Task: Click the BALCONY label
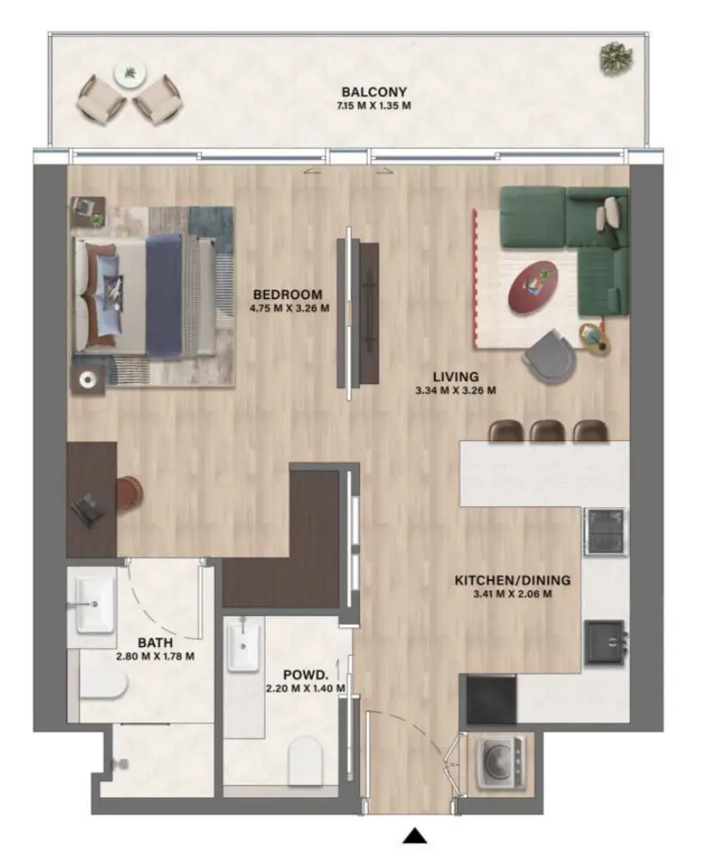tap(373, 93)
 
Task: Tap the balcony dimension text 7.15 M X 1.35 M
tap(373, 106)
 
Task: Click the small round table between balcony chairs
tap(130, 75)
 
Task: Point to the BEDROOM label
tap(287, 294)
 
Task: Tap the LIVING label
tap(455, 376)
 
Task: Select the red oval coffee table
tap(533, 287)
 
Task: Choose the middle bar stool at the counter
tap(547, 430)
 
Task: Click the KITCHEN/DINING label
tap(512, 581)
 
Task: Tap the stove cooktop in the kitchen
tap(605, 531)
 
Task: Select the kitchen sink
tap(605, 643)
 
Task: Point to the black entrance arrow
tap(416, 836)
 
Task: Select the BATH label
tap(156, 642)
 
